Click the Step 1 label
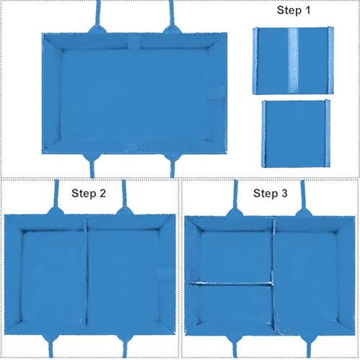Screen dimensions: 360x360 tap(293, 10)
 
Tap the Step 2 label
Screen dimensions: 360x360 tap(89, 194)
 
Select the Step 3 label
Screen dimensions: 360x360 tap(270, 194)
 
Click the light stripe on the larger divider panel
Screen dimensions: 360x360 tap(293, 60)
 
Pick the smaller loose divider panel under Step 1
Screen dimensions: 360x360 tap(296, 134)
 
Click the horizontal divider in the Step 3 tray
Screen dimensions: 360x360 tap(231, 284)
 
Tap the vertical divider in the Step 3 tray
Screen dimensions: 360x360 tap(273, 275)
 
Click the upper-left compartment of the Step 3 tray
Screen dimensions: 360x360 tap(235, 256)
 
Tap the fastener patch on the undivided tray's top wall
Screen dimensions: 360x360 tap(133, 41)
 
